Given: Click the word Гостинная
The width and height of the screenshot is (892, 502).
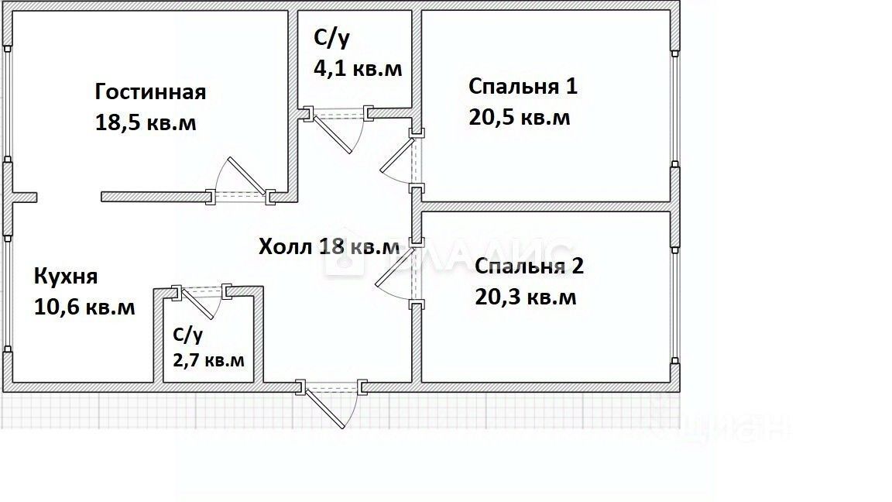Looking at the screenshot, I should tap(150, 92).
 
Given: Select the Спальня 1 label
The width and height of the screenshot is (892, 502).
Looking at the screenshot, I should tap(523, 86).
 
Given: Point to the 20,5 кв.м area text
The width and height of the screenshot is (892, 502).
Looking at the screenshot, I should tap(519, 117).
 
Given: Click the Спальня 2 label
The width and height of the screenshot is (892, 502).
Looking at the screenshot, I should tap(529, 266).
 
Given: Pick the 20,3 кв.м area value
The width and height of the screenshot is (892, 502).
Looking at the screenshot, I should tap(525, 297).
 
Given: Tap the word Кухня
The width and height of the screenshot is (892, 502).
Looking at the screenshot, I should tap(66, 277).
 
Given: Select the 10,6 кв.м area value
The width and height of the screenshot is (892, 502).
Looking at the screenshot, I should tap(84, 308).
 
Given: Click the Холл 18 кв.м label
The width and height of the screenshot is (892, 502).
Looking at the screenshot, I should tap(329, 247).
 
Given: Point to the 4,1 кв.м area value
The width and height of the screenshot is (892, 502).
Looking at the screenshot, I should tap(358, 68).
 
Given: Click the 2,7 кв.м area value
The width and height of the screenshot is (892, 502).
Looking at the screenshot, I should tap(208, 360).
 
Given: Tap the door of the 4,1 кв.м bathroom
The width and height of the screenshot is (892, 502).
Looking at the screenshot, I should tap(341, 131).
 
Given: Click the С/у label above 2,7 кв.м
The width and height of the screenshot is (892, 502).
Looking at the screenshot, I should tap(187, 335).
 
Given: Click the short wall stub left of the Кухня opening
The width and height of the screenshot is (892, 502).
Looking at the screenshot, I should tap(23, 198).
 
